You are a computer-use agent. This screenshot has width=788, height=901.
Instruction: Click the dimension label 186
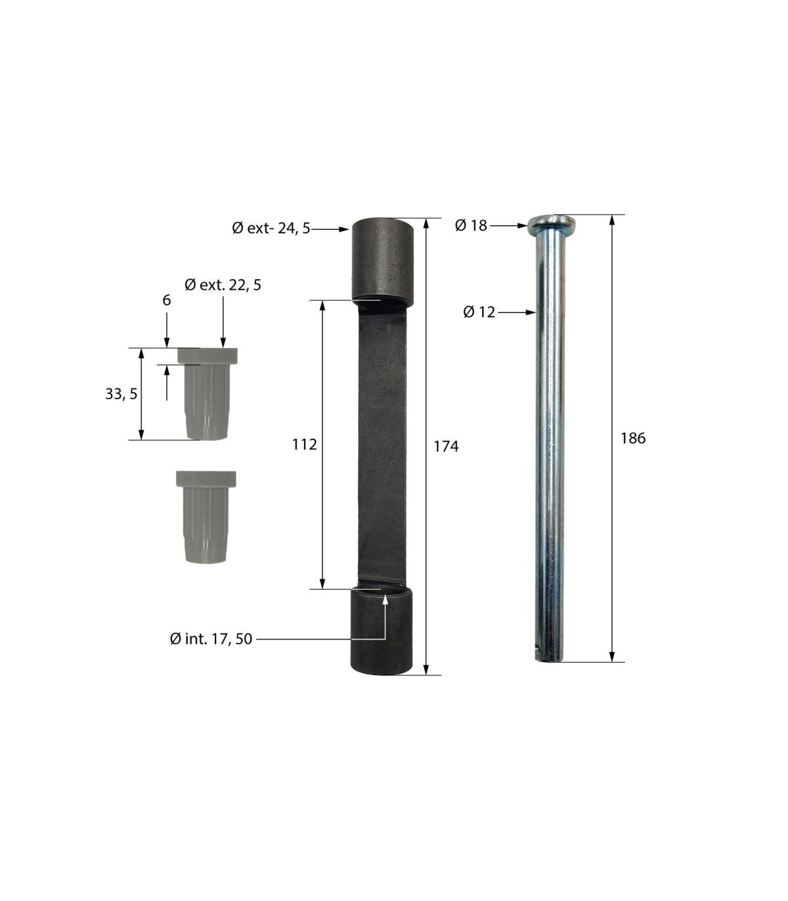point(632,438)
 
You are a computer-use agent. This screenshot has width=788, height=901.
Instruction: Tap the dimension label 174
point(446,447)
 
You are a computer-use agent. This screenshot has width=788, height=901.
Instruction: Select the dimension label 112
point(304,445)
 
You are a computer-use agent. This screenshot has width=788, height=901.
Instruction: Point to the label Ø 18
point(471,225)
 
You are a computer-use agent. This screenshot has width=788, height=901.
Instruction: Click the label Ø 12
point(479,312)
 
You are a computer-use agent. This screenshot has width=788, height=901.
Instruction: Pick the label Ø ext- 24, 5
point(271,228)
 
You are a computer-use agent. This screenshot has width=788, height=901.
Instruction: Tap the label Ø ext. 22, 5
point(223,285)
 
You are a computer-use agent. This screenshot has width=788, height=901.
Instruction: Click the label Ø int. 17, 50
point(211,639)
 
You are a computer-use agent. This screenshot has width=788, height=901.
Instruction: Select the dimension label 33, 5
point(121,394)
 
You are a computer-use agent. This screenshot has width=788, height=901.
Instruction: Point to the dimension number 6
point(166,300)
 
